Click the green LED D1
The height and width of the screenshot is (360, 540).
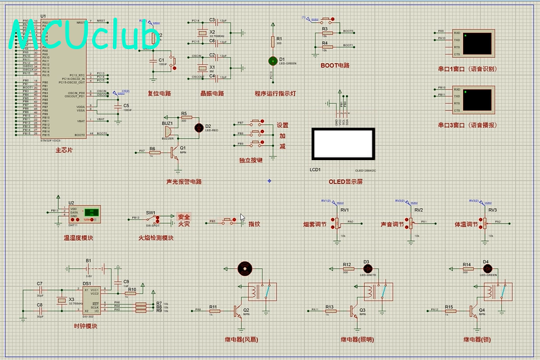click(x=273, y=61)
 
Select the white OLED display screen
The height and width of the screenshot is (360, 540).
click(x=343, y=144)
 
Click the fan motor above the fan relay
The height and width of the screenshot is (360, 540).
click(x=244, y=269)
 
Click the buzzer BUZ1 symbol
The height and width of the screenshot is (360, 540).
click(x=168, y=130)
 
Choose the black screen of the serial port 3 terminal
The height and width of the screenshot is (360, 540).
click(x=480, y=99)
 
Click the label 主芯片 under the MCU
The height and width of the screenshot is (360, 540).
click(x=64, y=150)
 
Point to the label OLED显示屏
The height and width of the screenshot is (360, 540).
click(x=345, y=182)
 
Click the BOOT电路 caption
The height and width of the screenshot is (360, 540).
click(x=335, y=66)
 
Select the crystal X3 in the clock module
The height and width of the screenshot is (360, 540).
click(x=61, y=300)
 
